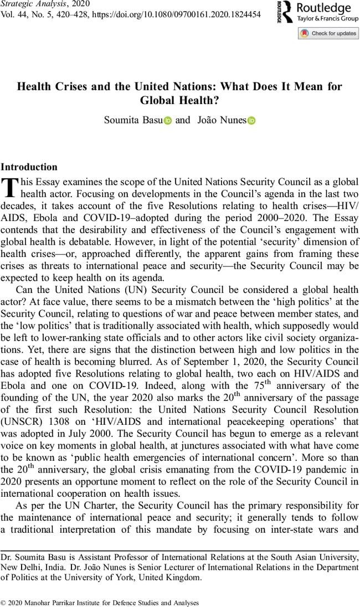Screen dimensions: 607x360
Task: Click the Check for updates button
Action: pos(328,33)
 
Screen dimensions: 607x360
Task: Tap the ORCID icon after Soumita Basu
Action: pos(168,120)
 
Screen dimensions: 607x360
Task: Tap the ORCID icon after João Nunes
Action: pos(251,120)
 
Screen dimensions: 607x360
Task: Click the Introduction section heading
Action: pos(29,167)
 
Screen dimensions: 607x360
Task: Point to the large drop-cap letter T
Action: pos(10,187)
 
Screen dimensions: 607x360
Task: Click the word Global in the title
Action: pos(158,101)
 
